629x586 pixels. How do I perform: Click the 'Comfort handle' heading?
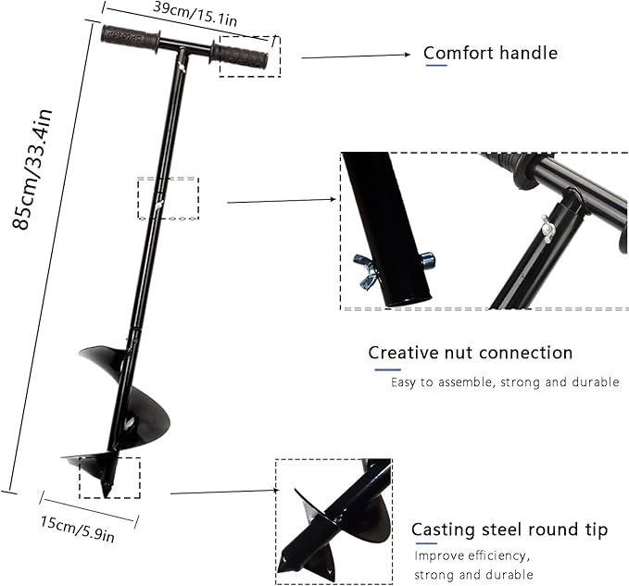[490, 53]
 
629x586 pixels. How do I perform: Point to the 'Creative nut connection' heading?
[470, 353]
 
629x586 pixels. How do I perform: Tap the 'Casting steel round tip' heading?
[509, 530]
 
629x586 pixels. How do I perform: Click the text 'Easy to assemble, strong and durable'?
[504, 382]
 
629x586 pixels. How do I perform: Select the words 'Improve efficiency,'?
[472, 556]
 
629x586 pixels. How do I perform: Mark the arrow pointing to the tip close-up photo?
[223, 492]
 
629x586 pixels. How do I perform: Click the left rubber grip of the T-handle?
[130, 37]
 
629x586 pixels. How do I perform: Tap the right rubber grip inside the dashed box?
[243, 56]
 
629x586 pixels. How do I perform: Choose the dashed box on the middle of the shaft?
[168, 198]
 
